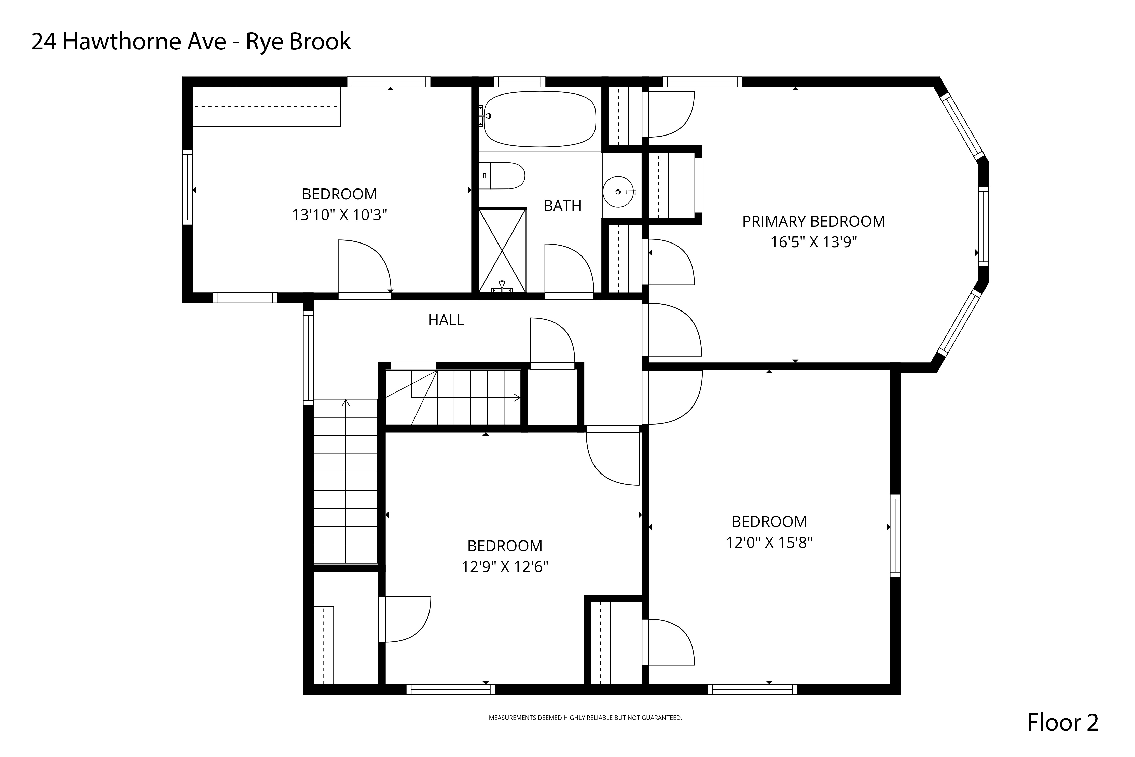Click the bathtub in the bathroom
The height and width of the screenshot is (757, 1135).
click(x=539, y=119)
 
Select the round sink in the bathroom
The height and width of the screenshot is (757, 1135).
click(x=618, y=192)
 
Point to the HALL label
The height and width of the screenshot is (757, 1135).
click(x=446, y=320)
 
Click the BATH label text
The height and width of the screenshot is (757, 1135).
click(x=562, y=206)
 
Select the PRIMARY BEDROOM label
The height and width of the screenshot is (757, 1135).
click(x=814, y=222)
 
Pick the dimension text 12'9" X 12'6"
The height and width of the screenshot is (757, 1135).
click(x=505, y=567)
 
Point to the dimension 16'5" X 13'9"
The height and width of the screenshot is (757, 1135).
click(x=814, y=242)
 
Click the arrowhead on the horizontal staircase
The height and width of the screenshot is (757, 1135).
click(x=517, y=398)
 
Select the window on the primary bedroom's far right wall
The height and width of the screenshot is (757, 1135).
click(x=984, y=226)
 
